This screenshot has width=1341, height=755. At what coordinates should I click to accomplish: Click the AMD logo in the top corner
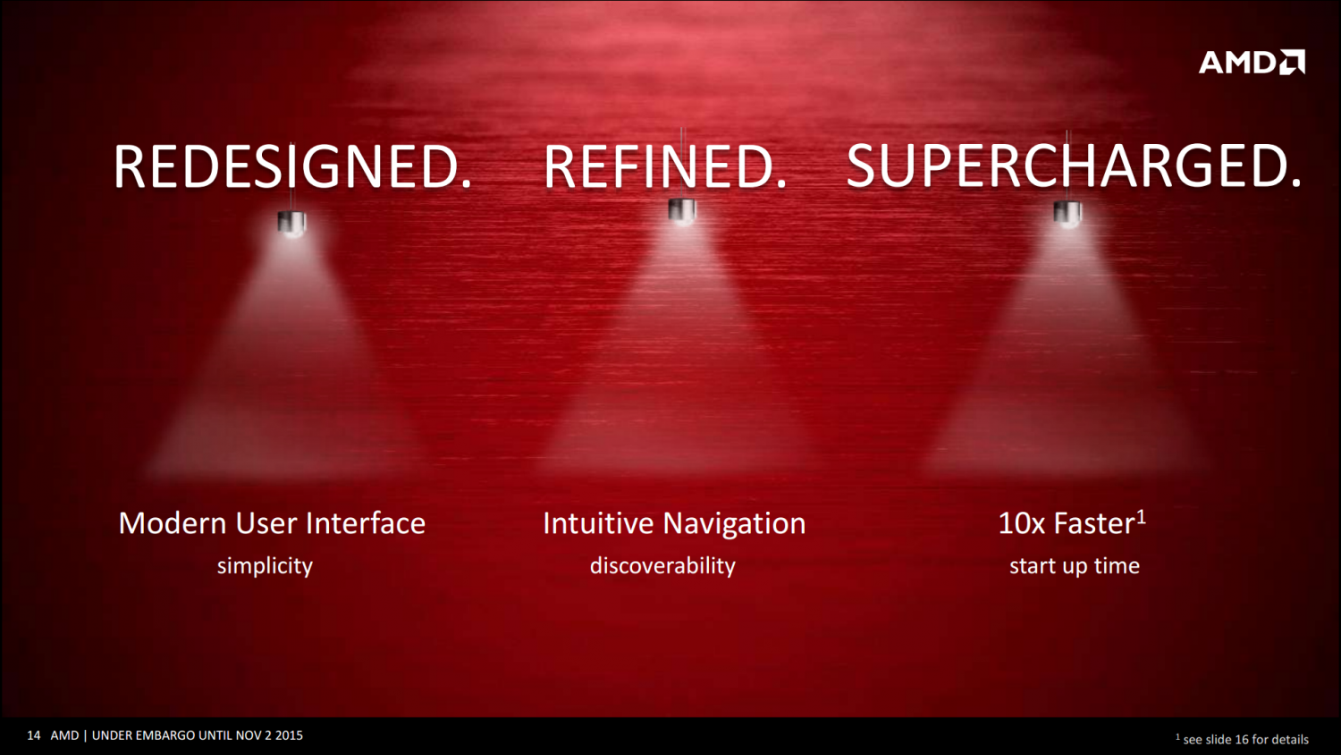[1252, 63]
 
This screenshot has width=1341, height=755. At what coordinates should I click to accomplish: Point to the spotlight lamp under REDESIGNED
[291, 223]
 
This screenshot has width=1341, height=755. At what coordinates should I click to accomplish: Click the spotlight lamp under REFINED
[682, 211]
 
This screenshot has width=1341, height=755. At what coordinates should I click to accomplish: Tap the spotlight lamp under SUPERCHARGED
[1067, 214]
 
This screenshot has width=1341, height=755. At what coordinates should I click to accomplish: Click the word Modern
[173, 523]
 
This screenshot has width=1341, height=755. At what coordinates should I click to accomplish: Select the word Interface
[365, 523]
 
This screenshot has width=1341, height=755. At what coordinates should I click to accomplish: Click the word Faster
[1094, 523]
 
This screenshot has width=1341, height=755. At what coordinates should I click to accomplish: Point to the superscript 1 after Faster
[1141, 517]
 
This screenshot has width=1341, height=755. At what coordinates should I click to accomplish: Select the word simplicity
[265, 566]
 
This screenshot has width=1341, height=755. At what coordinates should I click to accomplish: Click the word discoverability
[662, 566]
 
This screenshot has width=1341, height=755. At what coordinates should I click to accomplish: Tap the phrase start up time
[1075, 566]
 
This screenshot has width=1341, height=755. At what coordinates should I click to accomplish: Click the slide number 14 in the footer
[34, 735]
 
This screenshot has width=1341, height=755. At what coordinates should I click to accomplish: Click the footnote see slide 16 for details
[1246, 740]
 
